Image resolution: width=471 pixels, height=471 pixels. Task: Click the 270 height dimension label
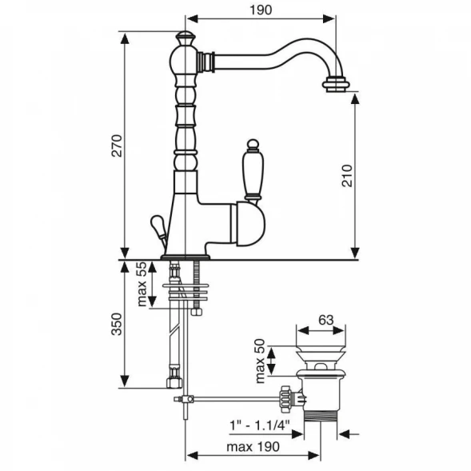pos(117,146)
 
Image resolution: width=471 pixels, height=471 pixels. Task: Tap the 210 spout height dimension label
pos(347,176)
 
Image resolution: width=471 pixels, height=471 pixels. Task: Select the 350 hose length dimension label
pos(117,324)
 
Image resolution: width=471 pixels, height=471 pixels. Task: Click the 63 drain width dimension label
pos(326,320)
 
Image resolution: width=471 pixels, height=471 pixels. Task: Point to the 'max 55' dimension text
pos(142,284)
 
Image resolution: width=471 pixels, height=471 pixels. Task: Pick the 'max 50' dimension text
pos(260,361)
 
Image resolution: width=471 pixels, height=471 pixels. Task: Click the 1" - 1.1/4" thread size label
pos(260,425)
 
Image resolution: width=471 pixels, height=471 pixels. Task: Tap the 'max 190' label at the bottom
pos(253,447)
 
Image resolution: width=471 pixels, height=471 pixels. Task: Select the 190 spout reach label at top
pos(261,10)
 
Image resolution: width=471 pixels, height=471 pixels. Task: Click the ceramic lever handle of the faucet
pos(253,171)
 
